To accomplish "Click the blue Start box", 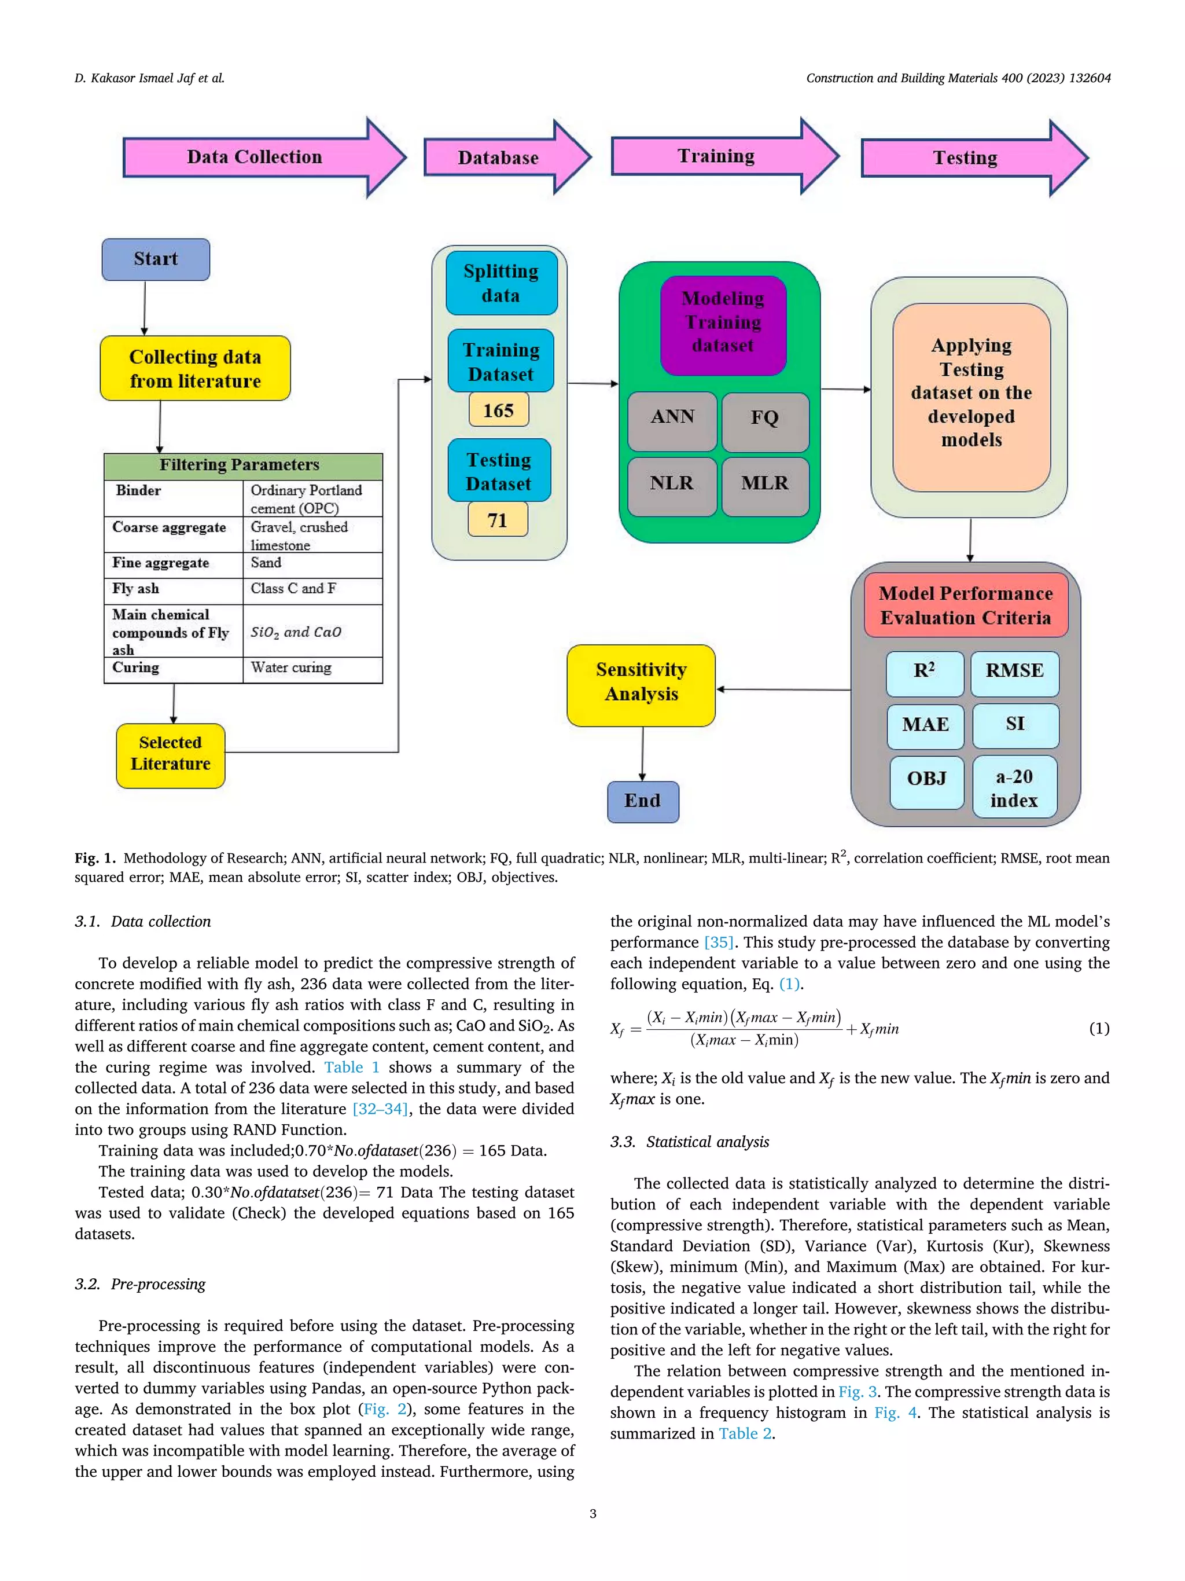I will [156, 259].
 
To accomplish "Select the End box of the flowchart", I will [642, 801].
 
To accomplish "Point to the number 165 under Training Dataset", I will [499, 410].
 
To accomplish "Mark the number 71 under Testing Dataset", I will [498, 520].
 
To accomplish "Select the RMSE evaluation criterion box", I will [1014, 672].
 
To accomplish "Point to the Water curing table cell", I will [311, 668].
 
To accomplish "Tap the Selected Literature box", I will [171, 755].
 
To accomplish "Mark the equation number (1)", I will [1099, 1029].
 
